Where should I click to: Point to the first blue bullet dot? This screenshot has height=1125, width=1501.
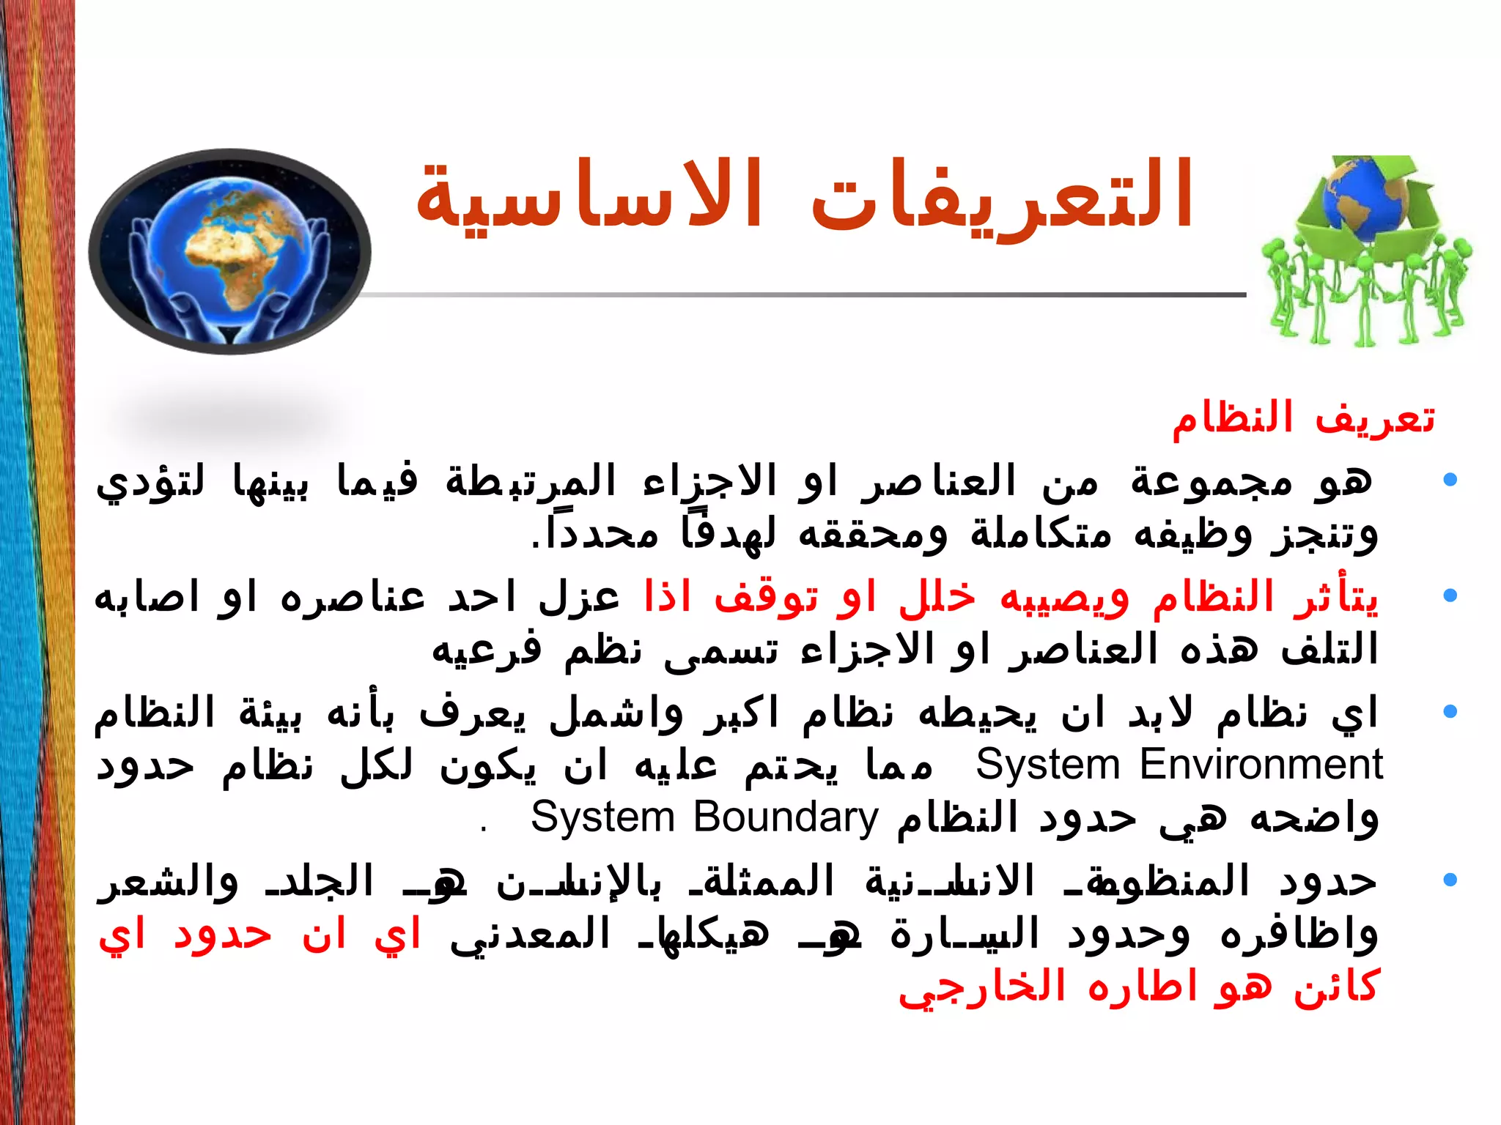coord(1449,480)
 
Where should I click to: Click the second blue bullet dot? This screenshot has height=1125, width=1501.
coord(1449,595)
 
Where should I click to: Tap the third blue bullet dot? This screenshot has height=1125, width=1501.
coord(1449,711)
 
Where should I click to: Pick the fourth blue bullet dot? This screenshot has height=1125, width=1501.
coord(1449,879)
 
